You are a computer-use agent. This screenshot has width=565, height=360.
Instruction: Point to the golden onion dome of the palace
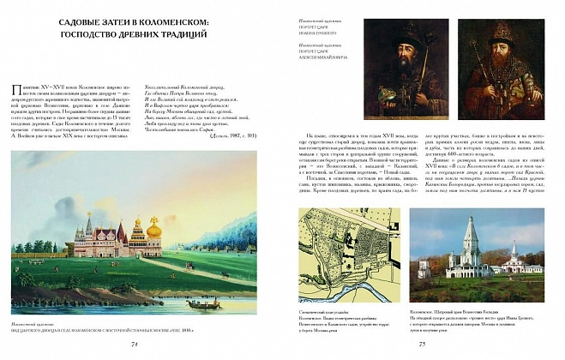tap(154, 230)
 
